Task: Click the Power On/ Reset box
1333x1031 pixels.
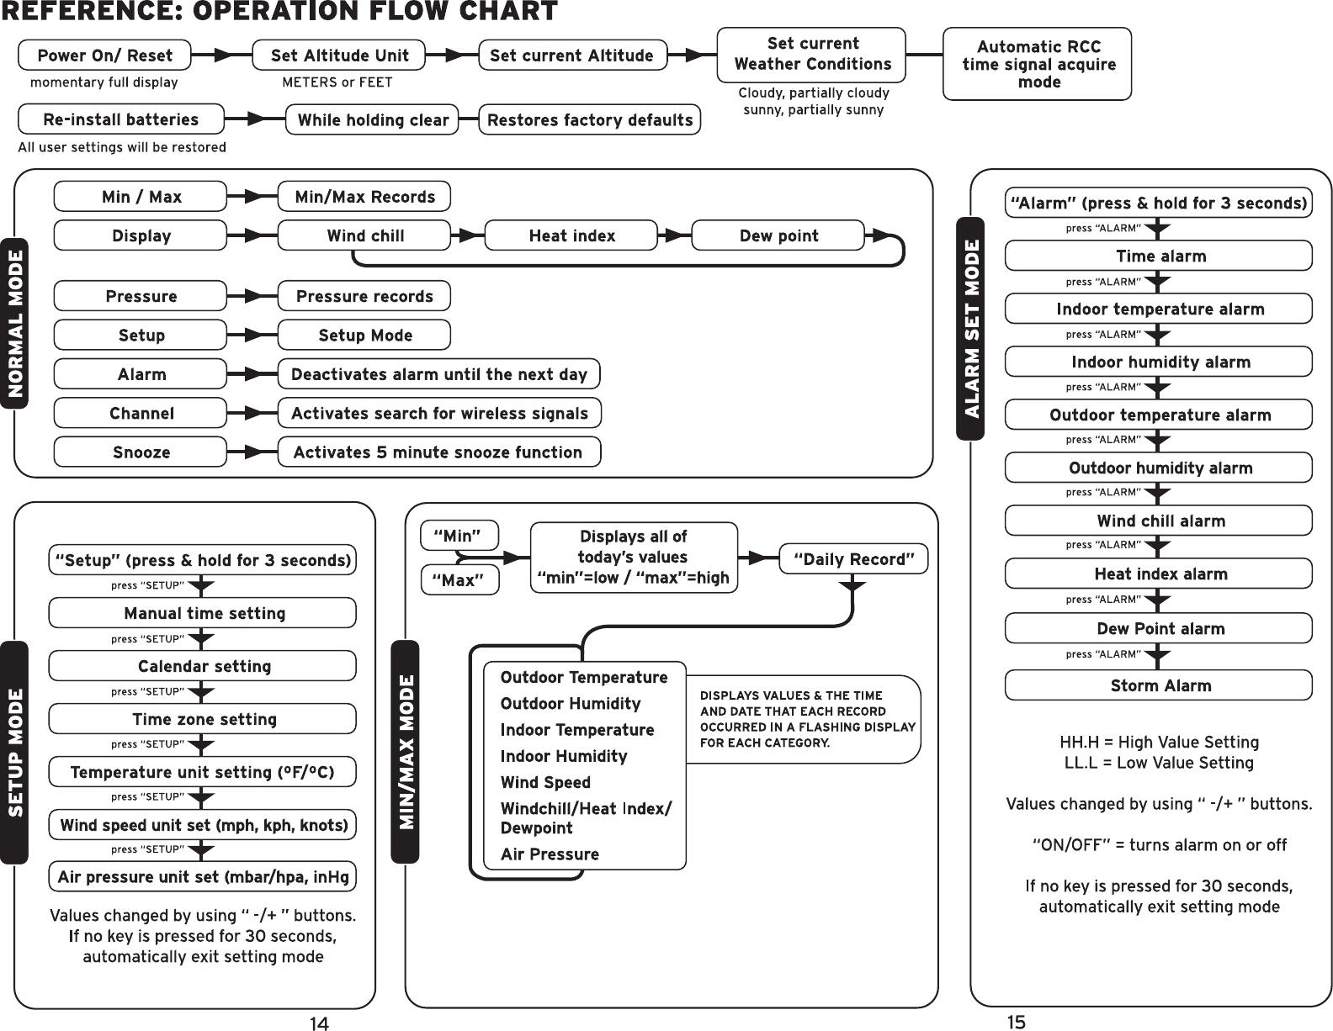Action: pos(105,56)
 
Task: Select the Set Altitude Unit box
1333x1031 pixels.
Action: pos(339,56)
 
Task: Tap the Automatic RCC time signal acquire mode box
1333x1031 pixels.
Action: pos(1038,64)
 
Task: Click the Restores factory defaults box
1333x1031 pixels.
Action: pos(590,119)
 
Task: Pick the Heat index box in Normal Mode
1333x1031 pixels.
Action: pos(571,235)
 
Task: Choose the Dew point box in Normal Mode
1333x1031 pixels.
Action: pos(778,235)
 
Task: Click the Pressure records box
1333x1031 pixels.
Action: pos(364,296)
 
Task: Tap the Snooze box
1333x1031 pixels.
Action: pos(141,452)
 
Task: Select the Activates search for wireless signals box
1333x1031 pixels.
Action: pos(439,413)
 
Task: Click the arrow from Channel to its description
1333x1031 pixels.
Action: pos(252,413)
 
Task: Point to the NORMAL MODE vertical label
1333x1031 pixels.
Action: pos(14,324)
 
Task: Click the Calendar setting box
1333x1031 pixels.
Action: pos(203,666)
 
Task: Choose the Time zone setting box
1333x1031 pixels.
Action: pos(203,719)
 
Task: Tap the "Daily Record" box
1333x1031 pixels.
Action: pos(853,559)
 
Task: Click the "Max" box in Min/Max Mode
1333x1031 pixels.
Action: pos(459,580)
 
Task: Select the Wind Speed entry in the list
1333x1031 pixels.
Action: pos(545,782)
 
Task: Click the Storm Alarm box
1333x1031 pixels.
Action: pos(1159,685)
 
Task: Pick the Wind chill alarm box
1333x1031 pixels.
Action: pos(1159,521)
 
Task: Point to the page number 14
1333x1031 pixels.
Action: pos(318,1023)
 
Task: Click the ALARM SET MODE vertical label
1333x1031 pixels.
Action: pos(971,328)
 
